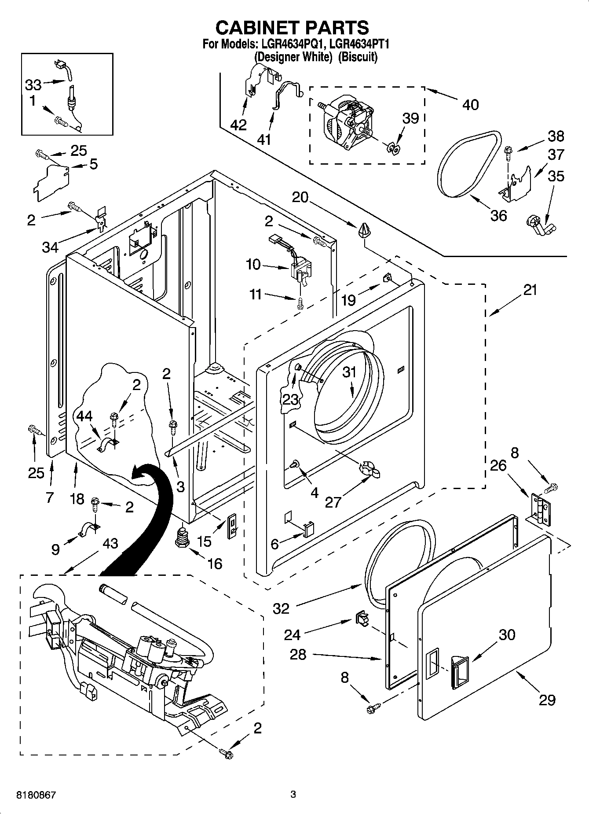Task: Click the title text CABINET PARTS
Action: [292, 27]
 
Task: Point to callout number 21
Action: [530, 291]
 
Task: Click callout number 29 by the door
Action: [547, 700]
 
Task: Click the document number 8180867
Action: [36, 795]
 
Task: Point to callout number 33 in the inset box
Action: [33, 84]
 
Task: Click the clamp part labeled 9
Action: [89, 529]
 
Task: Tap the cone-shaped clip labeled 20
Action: [363, 230]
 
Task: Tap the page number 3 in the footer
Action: [293, 795]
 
